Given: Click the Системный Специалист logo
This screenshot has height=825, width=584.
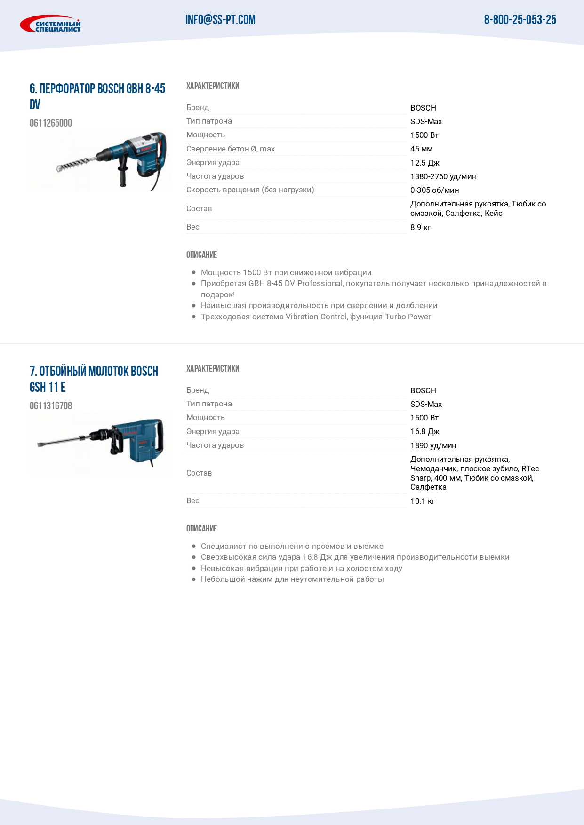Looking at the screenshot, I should [x=50, y=24].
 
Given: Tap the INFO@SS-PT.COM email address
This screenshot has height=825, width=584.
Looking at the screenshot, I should [x=220, y=20].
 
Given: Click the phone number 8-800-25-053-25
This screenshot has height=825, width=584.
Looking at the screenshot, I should [x=520, y=20].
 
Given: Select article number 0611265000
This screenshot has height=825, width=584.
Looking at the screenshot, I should [x=51, y=123].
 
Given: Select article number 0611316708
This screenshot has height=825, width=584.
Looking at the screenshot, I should [x=51, y=406].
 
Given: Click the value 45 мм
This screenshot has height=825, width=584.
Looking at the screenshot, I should [x=421, y=149].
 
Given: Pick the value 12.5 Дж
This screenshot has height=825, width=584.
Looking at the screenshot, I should [x=424, y=163].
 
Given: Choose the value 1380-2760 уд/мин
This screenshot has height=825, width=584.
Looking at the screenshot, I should [x=443, y=176].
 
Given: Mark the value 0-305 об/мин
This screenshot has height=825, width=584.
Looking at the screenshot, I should [x=434, y=190].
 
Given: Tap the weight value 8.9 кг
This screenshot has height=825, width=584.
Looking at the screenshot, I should [x=420, y=228].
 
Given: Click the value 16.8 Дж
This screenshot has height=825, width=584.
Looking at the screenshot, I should [x=424, y=432].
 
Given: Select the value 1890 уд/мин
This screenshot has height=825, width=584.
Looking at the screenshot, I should [x=433, y=445].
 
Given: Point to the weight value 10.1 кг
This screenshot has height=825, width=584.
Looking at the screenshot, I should [x=423, y=501].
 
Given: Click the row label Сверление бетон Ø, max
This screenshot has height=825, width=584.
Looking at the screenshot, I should [x=231, y=149].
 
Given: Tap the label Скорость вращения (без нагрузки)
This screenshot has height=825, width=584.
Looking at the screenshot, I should [x=250, y=190].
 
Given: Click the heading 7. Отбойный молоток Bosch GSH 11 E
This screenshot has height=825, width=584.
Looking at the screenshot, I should [x=94, y=379].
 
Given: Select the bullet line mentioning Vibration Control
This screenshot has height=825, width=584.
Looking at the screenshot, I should [x=316, y=317].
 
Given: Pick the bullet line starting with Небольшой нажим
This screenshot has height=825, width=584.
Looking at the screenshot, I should [x=292, y=579].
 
